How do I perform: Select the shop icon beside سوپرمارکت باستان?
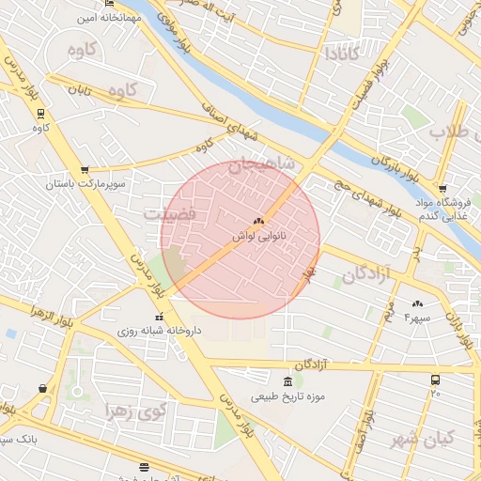(85, 170)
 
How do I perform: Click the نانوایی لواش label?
(260, 238)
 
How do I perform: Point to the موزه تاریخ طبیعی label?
(287, 396)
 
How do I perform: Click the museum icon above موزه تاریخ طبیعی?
(287, 381)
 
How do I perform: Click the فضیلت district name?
(169, 215)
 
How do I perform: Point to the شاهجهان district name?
(273, 166)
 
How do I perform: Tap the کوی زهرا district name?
(138, 412)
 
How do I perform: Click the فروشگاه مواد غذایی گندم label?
(442, 209)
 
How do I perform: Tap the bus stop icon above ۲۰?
(435, 380)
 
